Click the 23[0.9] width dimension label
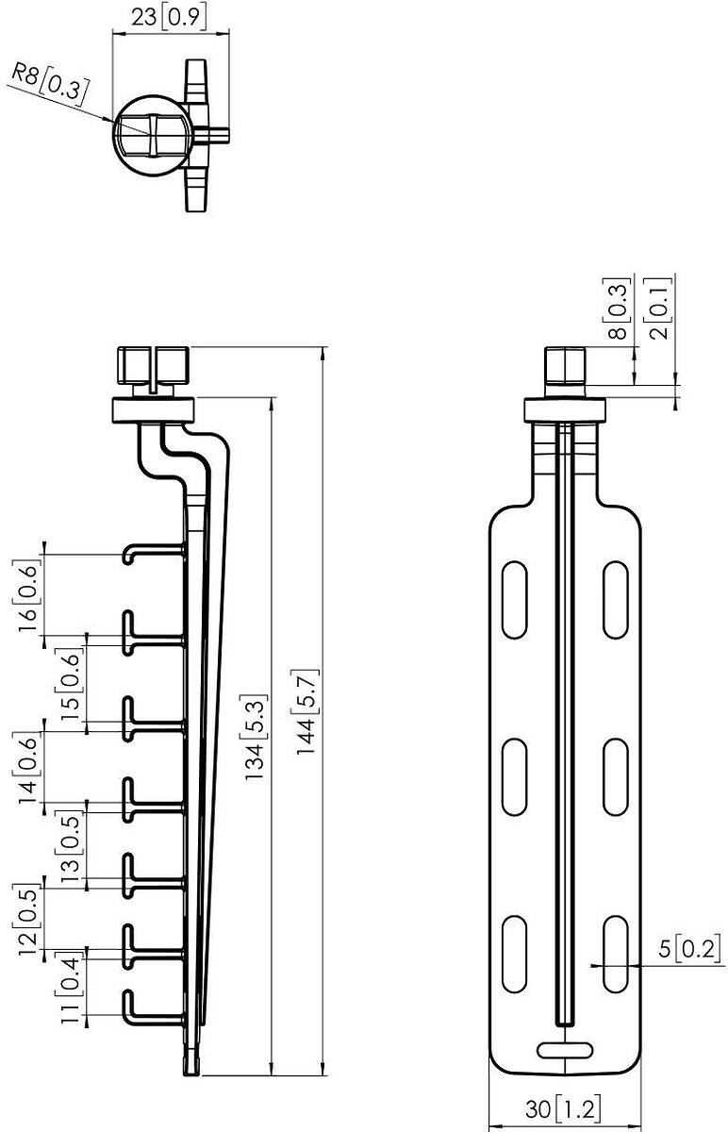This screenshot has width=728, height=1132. pyautogui.click(x=169, y=17)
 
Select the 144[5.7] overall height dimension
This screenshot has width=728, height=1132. pyautogui.click(x=305, y=712)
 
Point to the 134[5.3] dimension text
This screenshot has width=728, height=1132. pyautogui.click(x=255, y=739)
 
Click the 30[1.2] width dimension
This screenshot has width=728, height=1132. pyautogui.click(x=563, y=1109)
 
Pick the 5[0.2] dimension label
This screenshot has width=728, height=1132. pyautogui.click(x=689, y=949)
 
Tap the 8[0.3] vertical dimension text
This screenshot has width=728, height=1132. pyautogui.click(x=617, y=308)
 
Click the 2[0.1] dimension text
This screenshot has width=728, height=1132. pyautogui.click(x=657, y=308)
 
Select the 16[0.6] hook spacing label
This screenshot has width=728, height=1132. pyautogui.click(x=26, y=596)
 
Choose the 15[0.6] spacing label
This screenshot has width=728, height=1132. pyautogui.click(x=69, y=685)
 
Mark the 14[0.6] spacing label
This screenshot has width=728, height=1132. pyautogui.click(x=26, y=769)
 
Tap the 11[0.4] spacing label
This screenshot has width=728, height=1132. pyautogui.click(x=69, y=991)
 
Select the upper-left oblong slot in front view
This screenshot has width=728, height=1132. pyautogui.click(x=514, y=599)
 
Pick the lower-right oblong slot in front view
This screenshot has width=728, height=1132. pyautogui.click(x=616, y=954)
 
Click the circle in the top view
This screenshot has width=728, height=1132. pyautogui.click(x=153, y=135)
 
